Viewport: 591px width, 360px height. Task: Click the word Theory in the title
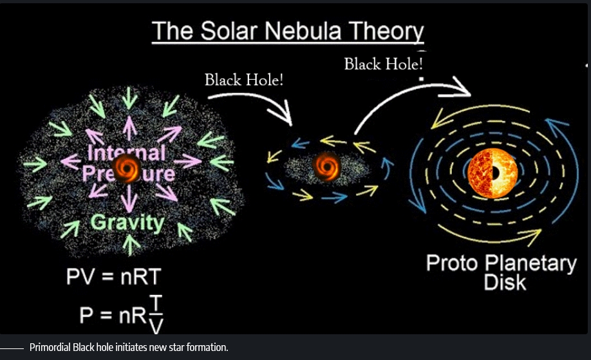point(386,32)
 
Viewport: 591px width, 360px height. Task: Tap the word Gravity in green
point(127,222)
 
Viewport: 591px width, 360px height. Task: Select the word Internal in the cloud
point(126,152)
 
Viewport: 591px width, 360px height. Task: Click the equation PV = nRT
point(114,277)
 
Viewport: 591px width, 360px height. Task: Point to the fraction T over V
point(155,314)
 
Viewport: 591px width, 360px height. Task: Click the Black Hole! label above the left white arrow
point(244,80)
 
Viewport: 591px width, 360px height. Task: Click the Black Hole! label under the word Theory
point(383,64)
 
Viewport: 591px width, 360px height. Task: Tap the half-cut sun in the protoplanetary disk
point(493,173)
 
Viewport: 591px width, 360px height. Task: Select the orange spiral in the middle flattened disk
point(327,166)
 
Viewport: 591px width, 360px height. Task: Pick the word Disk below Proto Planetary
point(505,282)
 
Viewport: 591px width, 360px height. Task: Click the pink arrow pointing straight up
point(129,128)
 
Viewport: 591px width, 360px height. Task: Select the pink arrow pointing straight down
point(129,200)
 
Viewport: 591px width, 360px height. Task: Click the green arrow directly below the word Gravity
point(129,245)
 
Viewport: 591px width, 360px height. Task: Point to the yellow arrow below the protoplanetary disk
point(490,234)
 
